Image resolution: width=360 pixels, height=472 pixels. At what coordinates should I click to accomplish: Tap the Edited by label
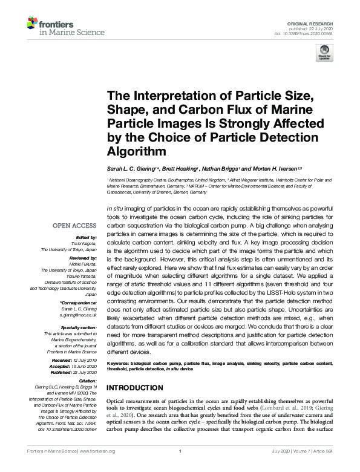point(87,238)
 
